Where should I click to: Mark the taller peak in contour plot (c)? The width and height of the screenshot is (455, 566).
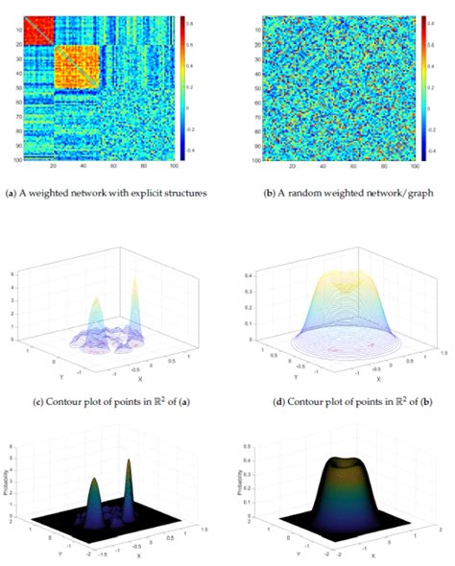coord(132,288)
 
